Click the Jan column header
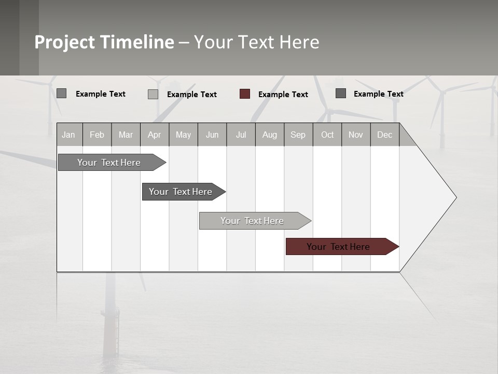point(68,135)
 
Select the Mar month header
point(126,135)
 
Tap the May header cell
point(183,135)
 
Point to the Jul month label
point(241,135)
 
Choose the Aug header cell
point(269,135)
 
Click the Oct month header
point(327,135)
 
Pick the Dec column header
point(384,135)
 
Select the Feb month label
point(97,135)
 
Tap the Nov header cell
point(356,135)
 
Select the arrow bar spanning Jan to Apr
point(109,163)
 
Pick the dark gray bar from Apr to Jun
point(181,192)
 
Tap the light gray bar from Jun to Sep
point(253,221)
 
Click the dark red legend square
point(245,94)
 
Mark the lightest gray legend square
point(153,94)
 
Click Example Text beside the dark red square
point(283,95)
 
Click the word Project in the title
point(65,42)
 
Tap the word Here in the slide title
point(299,42)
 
